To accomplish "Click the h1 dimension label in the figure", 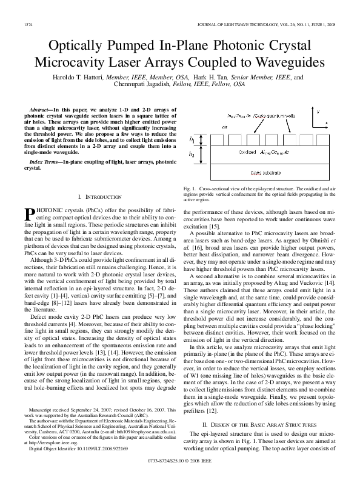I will pyautogui.click(x=192, y=139).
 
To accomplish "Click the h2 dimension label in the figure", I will pyautogui.click(x=192, y=155).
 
